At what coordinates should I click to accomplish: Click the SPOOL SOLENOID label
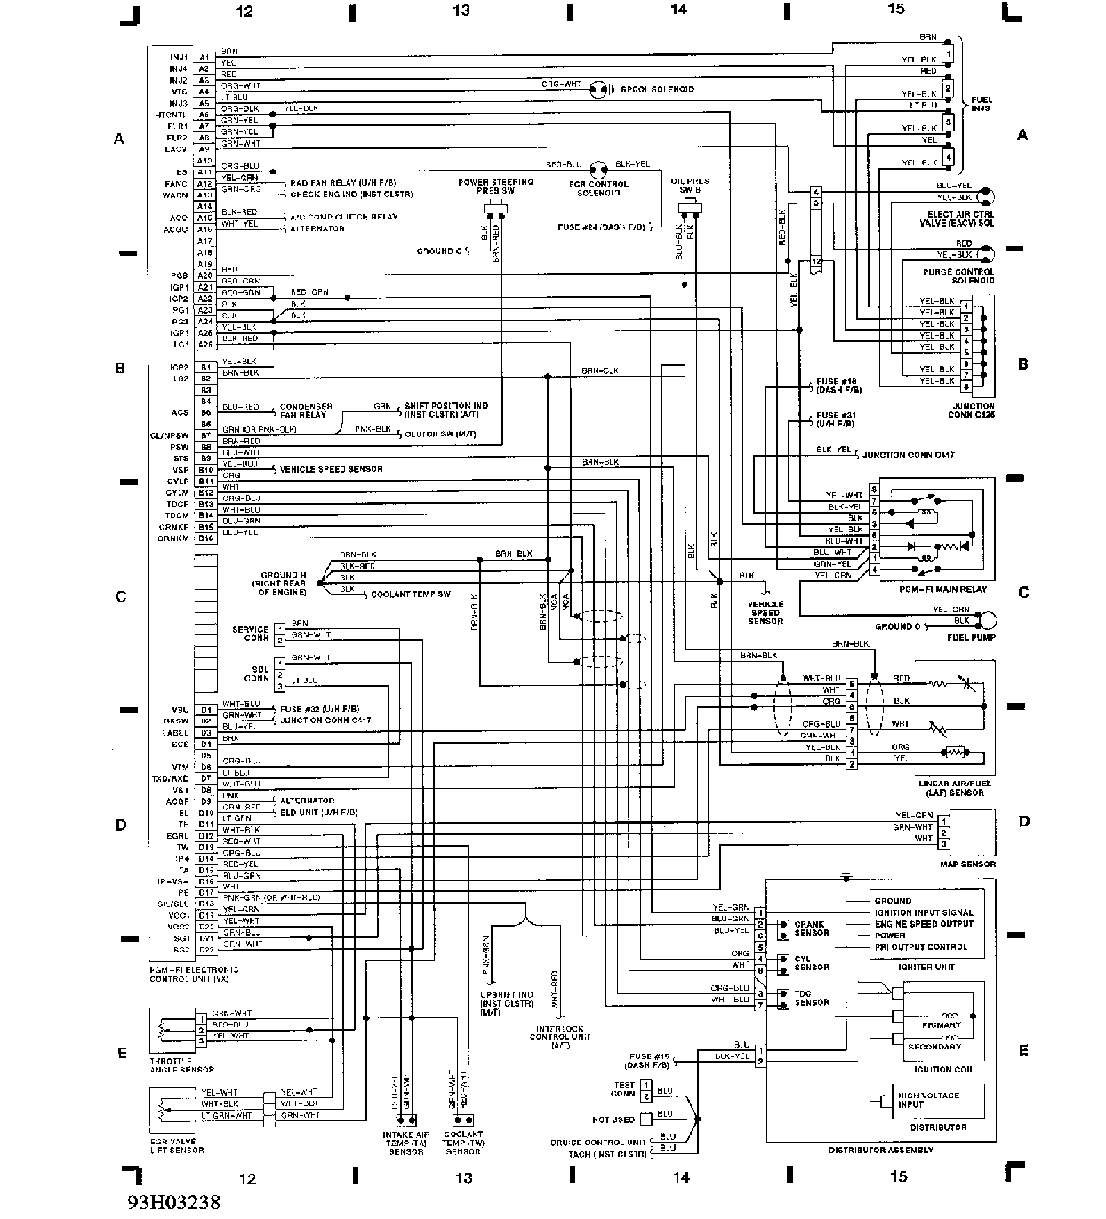click(657, 90)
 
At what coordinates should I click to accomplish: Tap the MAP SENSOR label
click(967, 864)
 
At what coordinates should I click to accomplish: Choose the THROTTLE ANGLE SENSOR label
click(182, 1065)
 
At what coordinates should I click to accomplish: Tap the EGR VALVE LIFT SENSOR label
click(178, 1145)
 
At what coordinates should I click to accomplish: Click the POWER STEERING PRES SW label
click(495, 187)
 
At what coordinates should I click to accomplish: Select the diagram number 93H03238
click(172, 1202)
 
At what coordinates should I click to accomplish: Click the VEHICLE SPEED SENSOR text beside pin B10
click(331, 469)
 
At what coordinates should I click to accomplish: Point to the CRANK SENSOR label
click(811, 928)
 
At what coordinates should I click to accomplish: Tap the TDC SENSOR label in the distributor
click(811, 998)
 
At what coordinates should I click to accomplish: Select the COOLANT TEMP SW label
click(410, 593)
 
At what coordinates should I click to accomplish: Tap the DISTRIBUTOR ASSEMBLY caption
click(880, 1150)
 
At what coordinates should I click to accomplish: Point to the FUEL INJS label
click(981, 103)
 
